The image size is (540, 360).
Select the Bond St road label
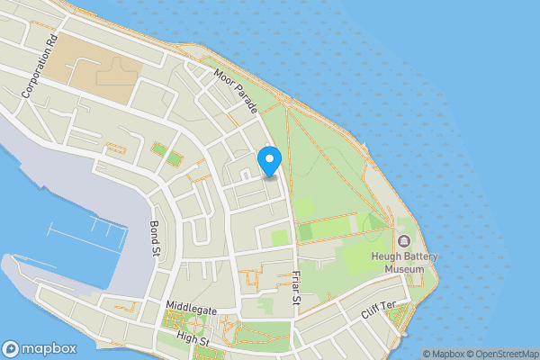pos(154,236)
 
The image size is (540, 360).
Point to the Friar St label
pos(294,287)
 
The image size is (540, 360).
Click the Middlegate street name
pos(192,309)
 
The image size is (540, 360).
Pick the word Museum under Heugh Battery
pos(404,268)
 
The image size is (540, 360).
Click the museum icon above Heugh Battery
pos(404,240)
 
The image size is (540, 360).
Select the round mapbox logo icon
pos(11,349)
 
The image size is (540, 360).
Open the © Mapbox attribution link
pos(443,354)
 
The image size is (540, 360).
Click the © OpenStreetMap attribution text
pos(501,354)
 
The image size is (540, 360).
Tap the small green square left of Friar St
pos(279,238)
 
